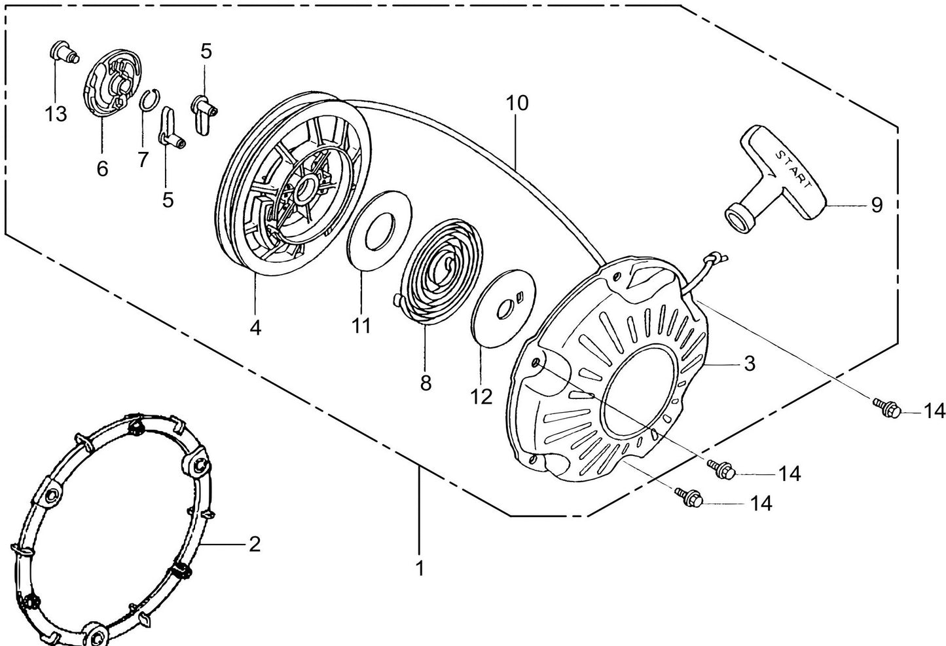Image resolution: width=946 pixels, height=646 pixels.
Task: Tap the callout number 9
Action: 876,205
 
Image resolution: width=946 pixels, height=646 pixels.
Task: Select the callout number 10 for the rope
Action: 517,104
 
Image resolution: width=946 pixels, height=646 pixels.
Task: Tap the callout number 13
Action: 56,114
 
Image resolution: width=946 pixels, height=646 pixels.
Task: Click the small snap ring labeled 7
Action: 150,102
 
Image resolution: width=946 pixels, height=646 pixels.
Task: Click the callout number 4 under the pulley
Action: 255,327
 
